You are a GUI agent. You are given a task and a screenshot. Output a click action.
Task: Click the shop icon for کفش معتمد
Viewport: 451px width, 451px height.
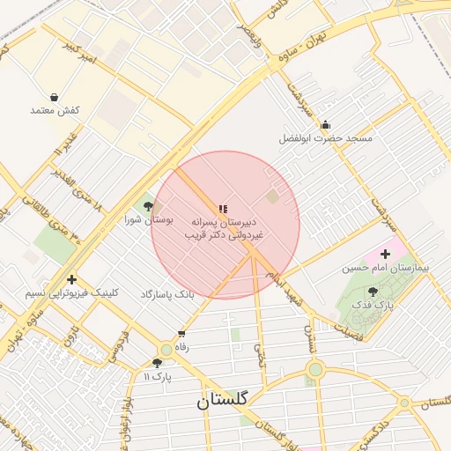click(x=55, y=97)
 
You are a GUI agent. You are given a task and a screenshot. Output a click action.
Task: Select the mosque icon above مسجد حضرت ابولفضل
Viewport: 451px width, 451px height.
click(x=326, y=125)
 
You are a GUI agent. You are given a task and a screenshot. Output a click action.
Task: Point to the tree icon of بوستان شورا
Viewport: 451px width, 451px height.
click(x=159, y=205)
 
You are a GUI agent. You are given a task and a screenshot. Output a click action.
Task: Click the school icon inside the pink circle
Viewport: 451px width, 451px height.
click(x=224, y=209)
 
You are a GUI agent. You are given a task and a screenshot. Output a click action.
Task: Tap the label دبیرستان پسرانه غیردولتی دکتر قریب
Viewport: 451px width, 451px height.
click(x=224, y=230)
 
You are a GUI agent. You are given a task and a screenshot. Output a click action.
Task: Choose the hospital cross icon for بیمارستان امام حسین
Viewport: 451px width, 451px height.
click(x=385, y=254)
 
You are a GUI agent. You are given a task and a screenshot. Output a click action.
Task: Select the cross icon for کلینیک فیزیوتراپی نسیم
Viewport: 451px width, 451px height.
click(x=71, y=279)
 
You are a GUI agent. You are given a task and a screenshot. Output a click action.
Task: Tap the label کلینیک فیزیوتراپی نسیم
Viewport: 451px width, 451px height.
click(x=71, y=292)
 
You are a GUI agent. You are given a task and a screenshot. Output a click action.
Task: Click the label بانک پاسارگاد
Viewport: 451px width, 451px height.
click(x=166, y=292)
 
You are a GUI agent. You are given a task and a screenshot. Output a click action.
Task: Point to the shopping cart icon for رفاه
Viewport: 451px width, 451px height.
click(x=181, y=334)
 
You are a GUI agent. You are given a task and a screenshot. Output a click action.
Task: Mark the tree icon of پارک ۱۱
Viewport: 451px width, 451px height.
click(x=157, y=362)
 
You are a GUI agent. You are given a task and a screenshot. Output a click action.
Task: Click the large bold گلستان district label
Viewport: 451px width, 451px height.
click(x=223, y=399)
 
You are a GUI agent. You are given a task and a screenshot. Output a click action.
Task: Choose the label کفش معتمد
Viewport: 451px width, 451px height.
click(x=55, y=110)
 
